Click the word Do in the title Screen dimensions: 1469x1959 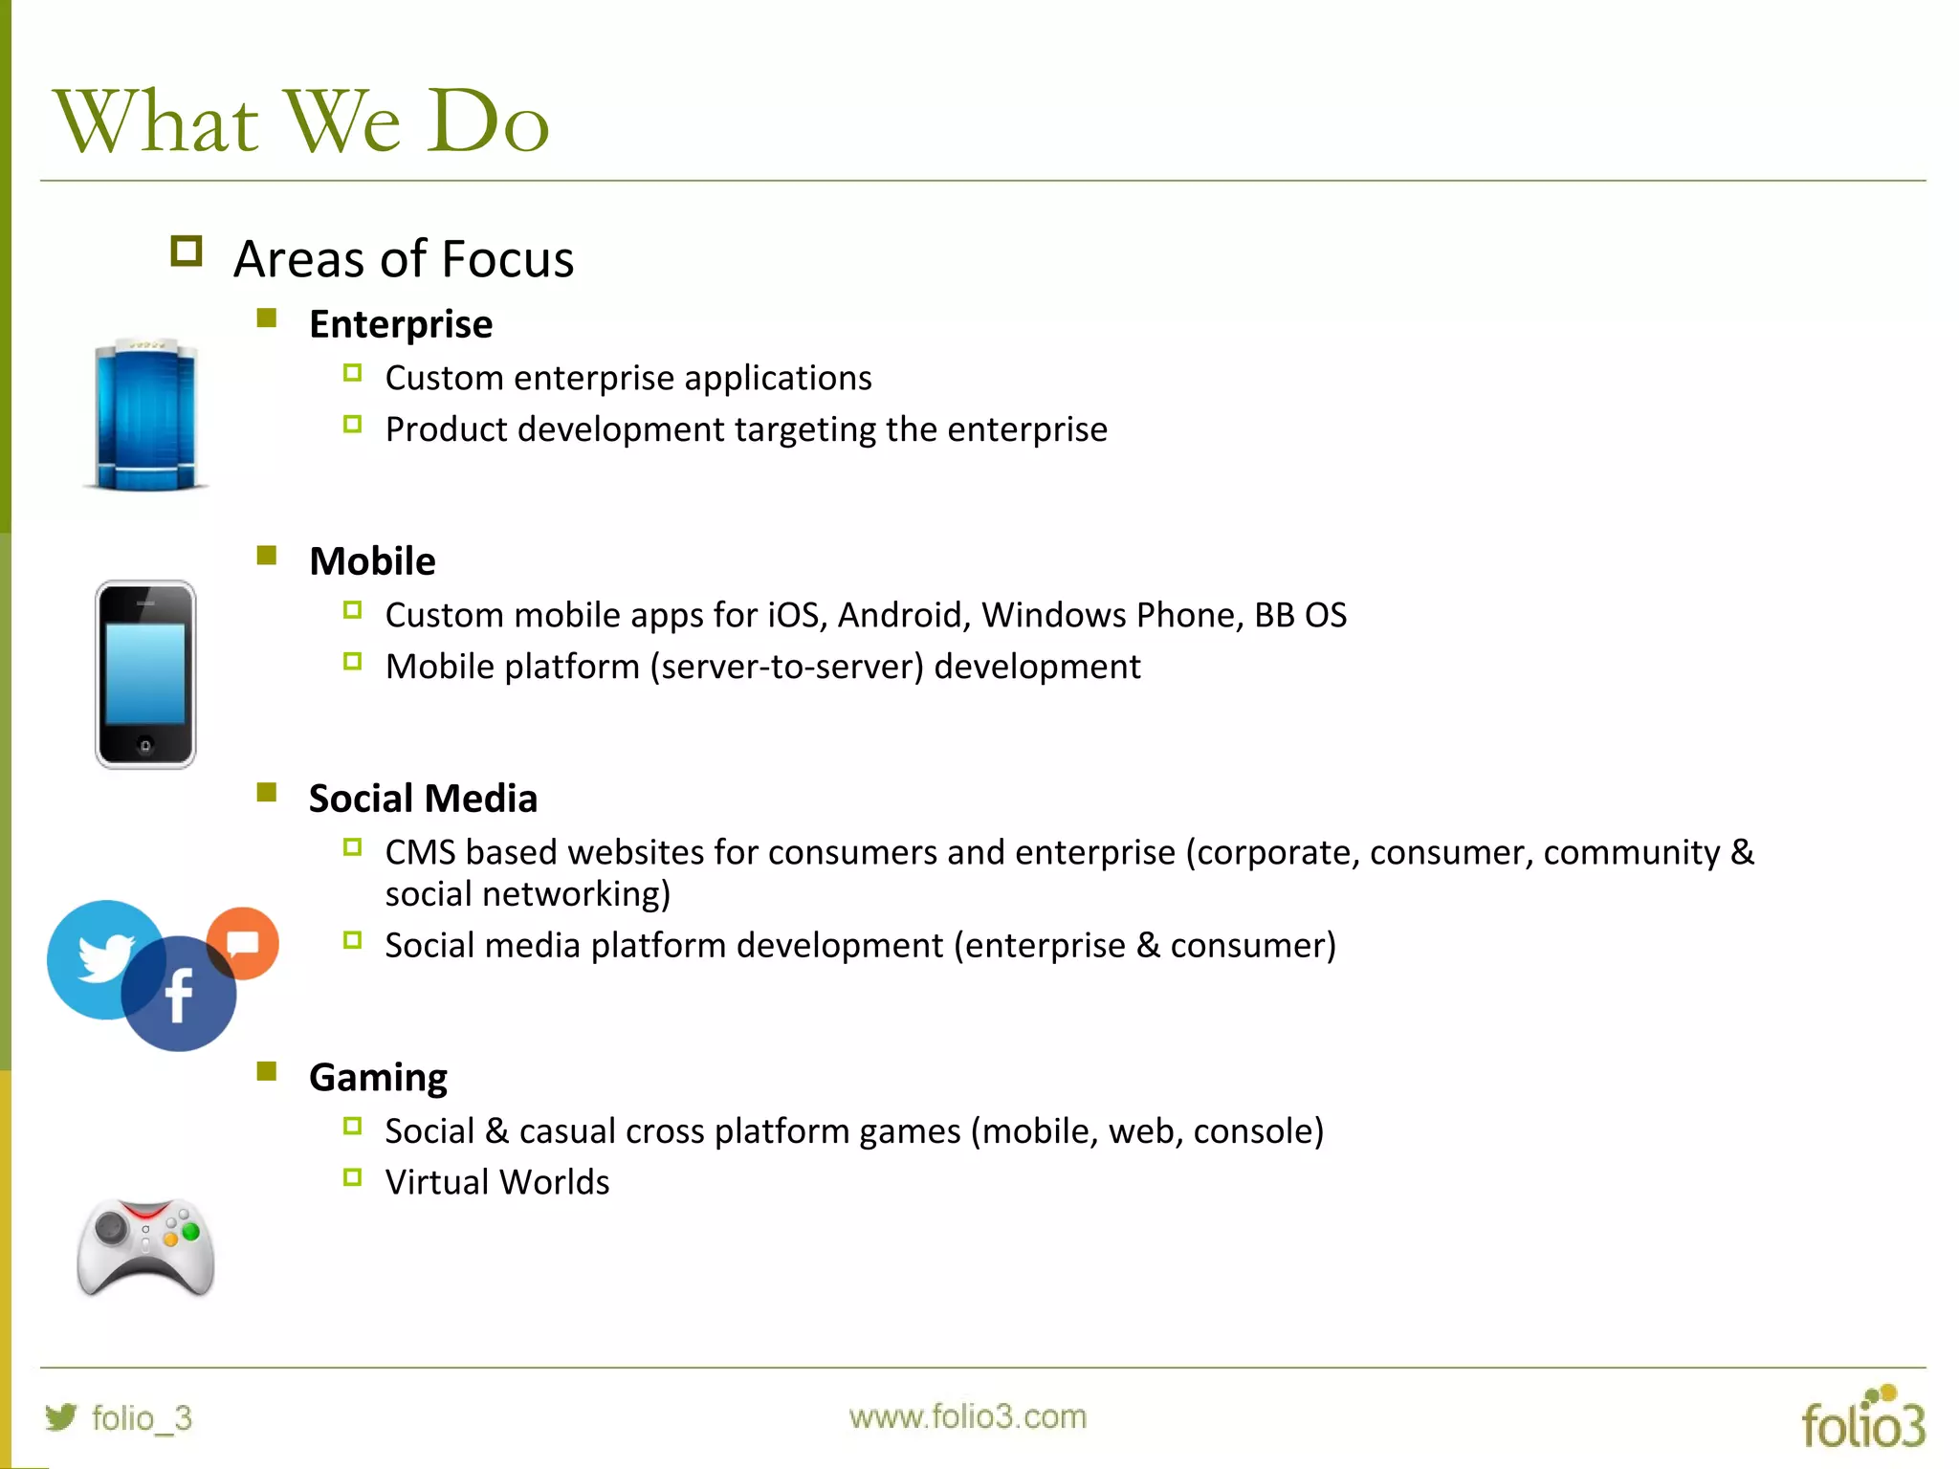point(488,122)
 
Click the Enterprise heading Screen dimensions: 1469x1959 point(401,325)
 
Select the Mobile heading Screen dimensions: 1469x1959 point(372,561)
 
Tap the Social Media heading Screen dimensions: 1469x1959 point(423,799)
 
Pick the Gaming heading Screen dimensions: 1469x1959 point(378,1078)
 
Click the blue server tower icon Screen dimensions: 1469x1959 point(146,415)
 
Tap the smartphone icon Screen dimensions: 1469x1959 point(145,673)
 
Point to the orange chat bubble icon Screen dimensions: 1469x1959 point(245,942)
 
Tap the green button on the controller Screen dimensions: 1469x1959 point(190,1232)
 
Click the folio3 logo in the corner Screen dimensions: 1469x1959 point(1862,1419)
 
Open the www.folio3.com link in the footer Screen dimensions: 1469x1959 point(967,1416)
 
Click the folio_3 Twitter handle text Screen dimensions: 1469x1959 point(142,1418)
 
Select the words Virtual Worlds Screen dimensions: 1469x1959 point(496,1183)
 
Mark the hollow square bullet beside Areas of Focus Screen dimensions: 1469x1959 point(187,252)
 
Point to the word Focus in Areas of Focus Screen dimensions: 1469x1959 point(507,259)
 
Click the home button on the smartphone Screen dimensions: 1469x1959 point(145,745)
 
